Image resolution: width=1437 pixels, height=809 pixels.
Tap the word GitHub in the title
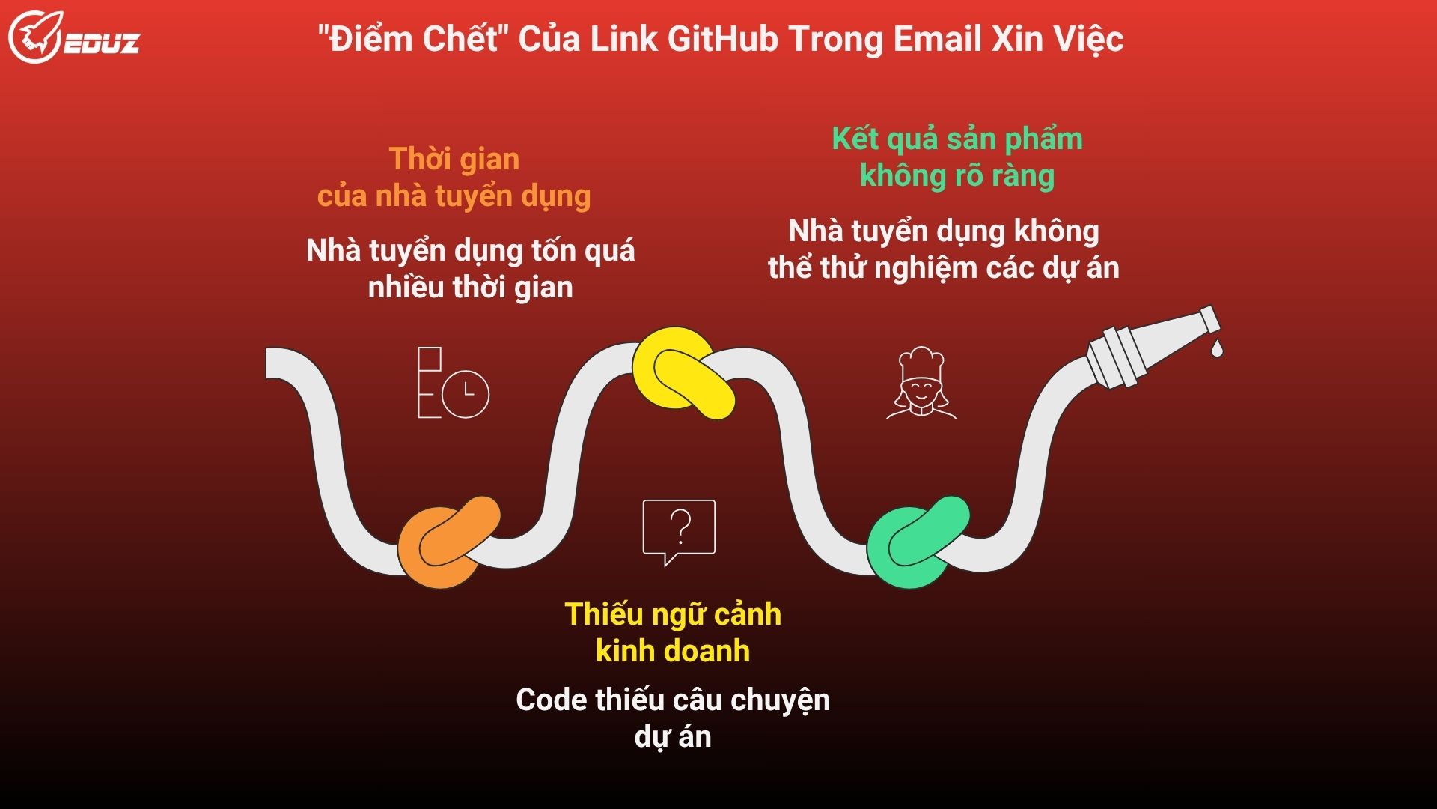pos(722,39)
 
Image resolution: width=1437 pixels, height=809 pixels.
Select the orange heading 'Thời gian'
pos(454,159)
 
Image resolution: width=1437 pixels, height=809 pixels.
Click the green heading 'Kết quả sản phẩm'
pos(957,139)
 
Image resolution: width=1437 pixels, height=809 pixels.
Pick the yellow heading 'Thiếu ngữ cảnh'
pos(672,614)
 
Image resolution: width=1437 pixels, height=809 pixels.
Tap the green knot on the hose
pos(917,541)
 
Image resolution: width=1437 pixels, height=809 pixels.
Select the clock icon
pos(464,393)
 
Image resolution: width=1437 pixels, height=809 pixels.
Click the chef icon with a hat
pos(921,383)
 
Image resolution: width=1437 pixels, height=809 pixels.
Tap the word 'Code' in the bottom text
pos(552,700)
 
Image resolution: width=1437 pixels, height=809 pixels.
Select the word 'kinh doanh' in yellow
pos(672,651)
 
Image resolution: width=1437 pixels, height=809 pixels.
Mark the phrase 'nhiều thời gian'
pos(470,288)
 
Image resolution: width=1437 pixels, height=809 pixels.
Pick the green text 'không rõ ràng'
pos(957,176)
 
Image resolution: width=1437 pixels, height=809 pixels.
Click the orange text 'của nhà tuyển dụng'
pos(454,196)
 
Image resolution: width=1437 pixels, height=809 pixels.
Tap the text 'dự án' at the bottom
pos(672,737)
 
